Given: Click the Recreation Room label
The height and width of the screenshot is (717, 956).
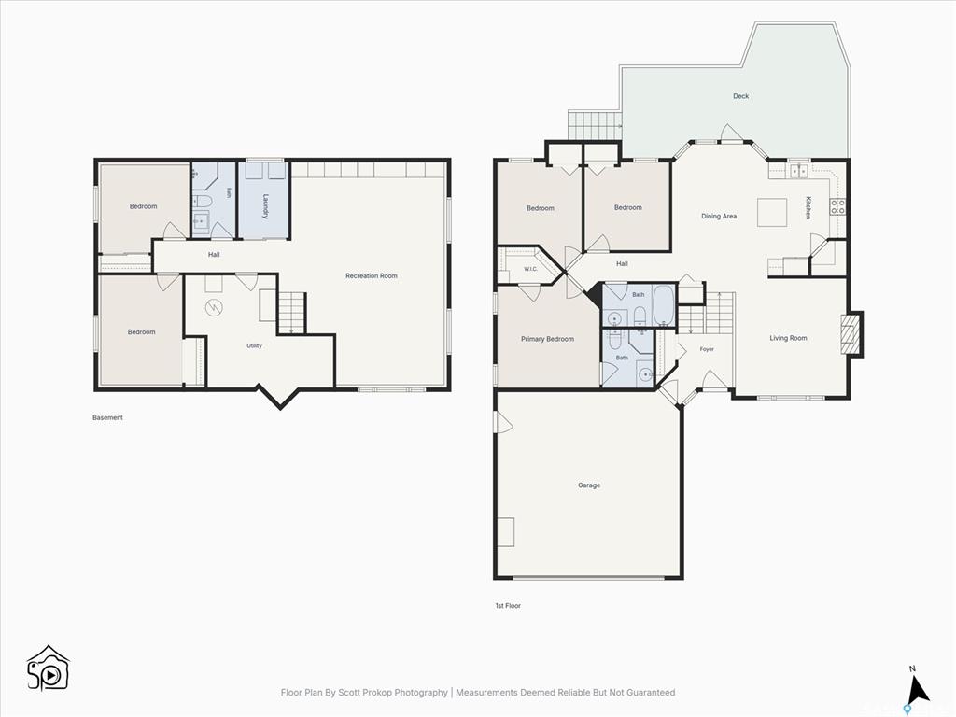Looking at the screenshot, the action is click(372, 276).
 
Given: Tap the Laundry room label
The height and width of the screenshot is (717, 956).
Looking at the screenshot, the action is click(266, 206).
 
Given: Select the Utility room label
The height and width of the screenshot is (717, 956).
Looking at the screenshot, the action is click(254, 345).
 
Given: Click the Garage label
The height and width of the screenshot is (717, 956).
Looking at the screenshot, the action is click(589, 485).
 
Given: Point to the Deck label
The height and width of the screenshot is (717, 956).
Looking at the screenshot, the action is click(740, 96).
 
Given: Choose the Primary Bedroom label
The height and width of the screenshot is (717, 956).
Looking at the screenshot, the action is click(547, 339).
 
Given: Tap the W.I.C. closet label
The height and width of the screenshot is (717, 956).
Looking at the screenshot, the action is click(530, 269).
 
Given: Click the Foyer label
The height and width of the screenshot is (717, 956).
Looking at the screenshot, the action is click(707, 349).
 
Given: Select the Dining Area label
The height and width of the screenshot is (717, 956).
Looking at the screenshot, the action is click(719, 216).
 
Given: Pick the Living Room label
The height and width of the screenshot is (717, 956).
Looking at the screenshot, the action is click(788, 338).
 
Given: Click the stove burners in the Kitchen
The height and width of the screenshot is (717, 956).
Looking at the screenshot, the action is click(837, 206).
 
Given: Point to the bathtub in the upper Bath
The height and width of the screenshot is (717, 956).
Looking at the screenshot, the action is click(664, 306).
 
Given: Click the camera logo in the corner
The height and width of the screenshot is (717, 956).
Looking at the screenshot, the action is click(48, 668).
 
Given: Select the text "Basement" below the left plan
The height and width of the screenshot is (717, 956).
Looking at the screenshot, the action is click(108, 417).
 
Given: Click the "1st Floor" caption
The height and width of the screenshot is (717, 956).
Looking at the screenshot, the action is click(508, 605).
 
